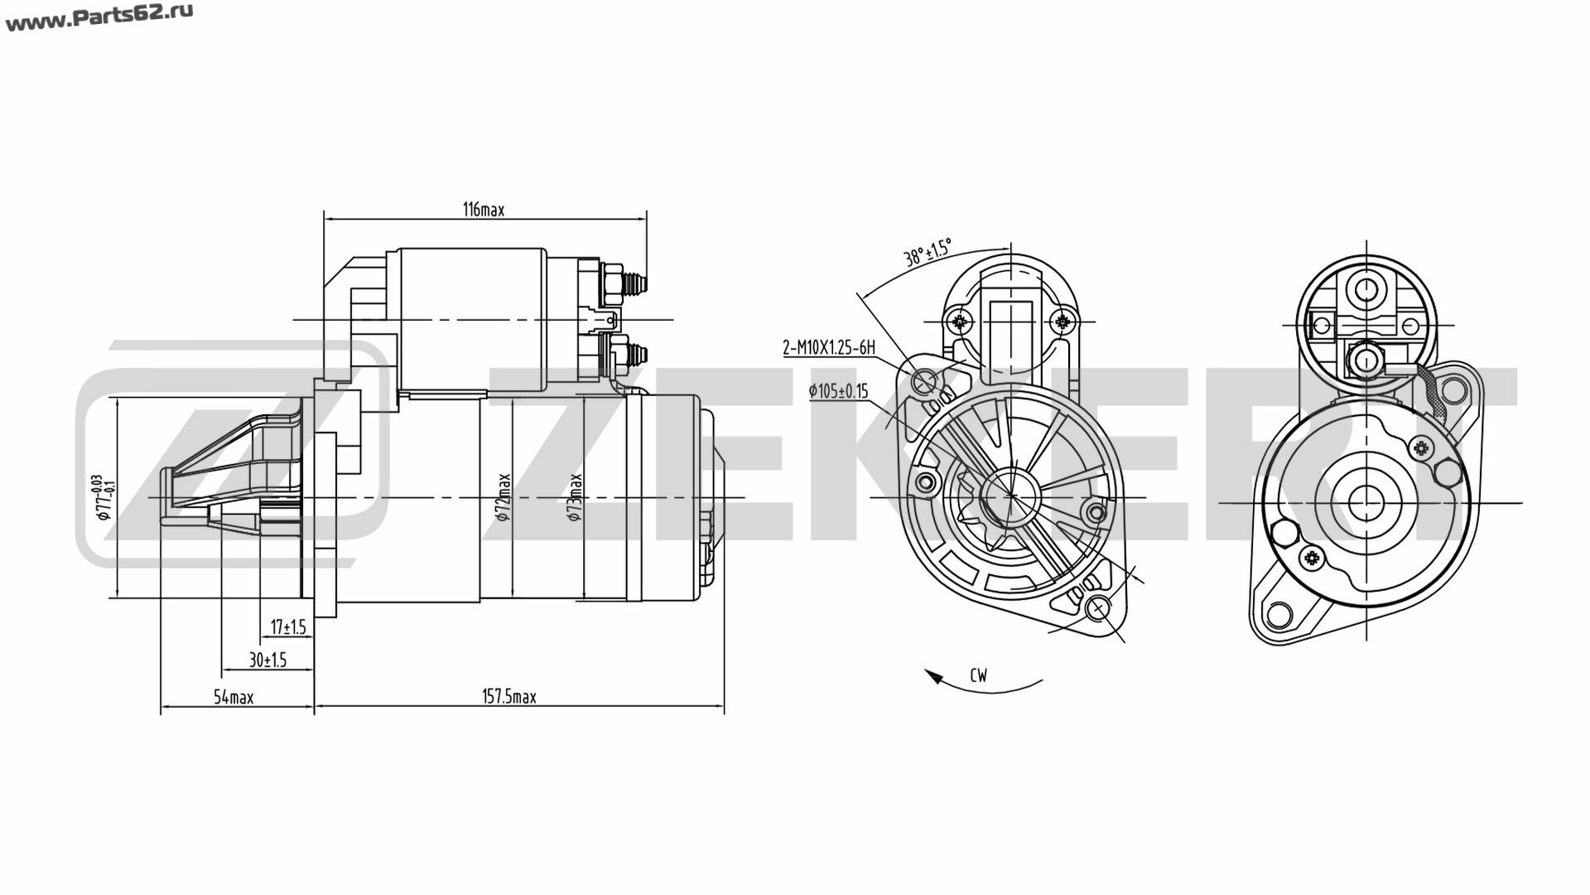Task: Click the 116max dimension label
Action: [x=483, y=210]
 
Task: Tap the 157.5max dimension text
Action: [x=509, y=697]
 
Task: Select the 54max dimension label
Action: [x=234, y=697]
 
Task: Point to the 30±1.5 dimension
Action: [x=267, y=660]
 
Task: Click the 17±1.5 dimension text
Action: [x=288, y=626]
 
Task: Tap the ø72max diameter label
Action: [x=503, y=497]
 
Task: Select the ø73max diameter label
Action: [x=575, y=497]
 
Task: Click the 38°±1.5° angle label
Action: [x=927, y=251]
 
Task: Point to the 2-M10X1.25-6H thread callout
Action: [x=829, y=347]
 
